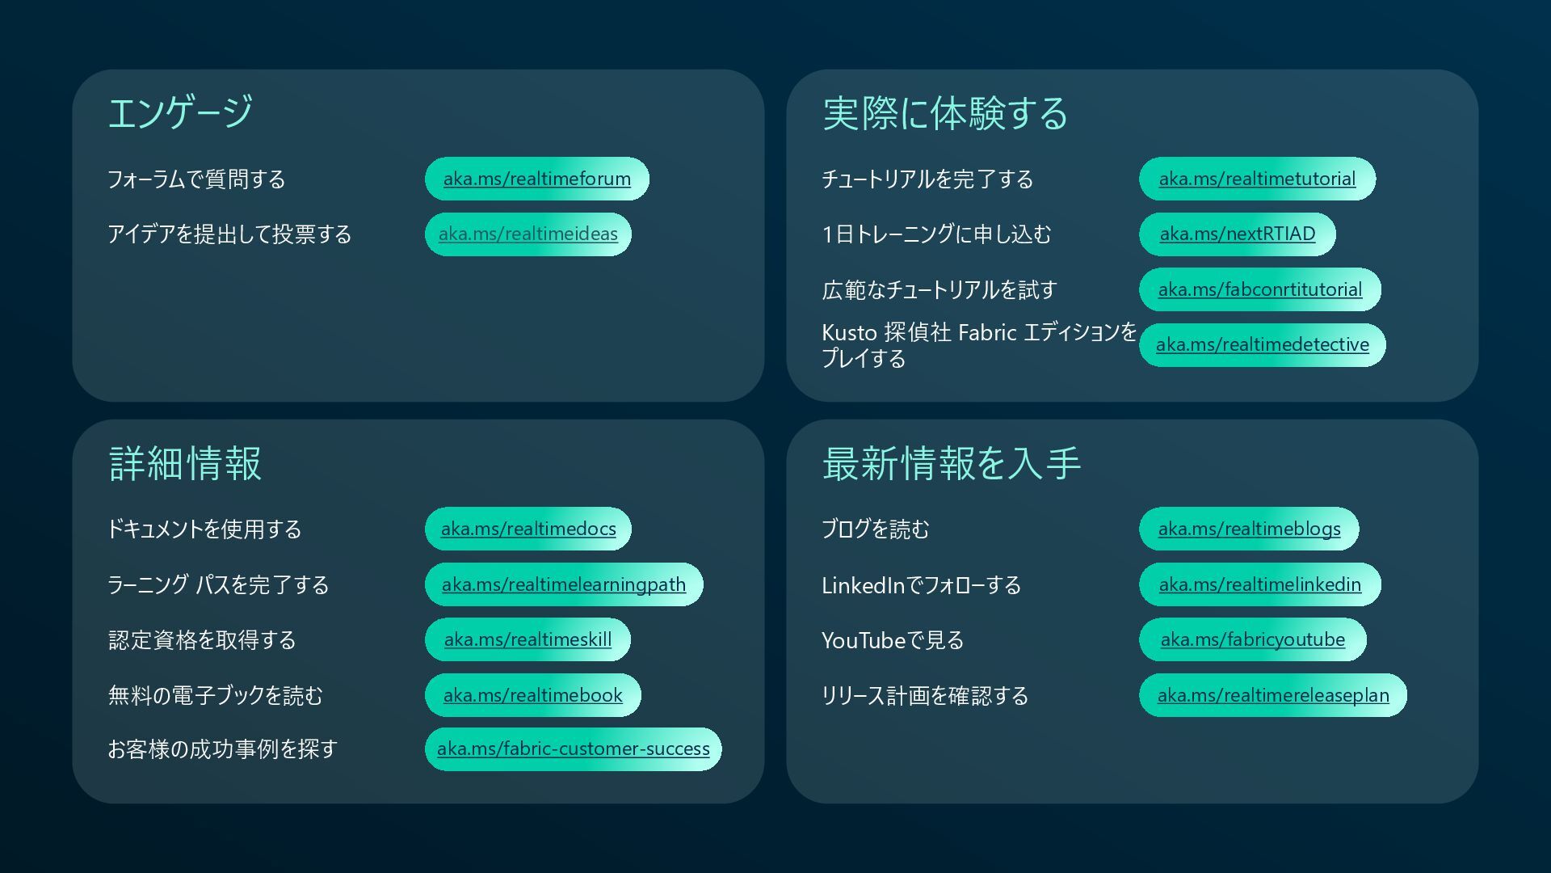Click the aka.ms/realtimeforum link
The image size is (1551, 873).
click(536, 179)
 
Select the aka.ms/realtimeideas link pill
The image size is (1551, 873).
click(528, 234)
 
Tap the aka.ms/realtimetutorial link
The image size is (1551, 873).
click(1257, 179)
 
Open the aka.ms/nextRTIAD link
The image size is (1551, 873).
click(1237, 234)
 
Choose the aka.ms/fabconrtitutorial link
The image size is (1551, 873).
click(1259, 289)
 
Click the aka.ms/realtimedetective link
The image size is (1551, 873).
click(1262, 344)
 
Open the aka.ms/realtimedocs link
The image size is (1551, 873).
click(528, 529)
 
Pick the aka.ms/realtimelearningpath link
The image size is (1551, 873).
click(563, 584)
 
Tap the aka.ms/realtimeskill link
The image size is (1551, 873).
click(528, 639)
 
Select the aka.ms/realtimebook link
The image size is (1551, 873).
click(532, 695)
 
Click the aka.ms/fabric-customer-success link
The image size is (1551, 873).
click(573, 749)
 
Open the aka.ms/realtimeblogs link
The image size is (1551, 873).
click(1249, 529)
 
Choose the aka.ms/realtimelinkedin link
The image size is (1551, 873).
click(1259, 584)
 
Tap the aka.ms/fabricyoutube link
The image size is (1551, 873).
click(1252, 639)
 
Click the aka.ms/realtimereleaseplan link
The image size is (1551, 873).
click(1272, 695)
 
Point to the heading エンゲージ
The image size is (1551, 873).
click(180, 112)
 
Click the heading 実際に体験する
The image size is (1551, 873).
click(944, 113)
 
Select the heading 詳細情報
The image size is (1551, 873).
click(185, 464)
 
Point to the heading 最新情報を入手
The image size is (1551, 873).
click(951, 464)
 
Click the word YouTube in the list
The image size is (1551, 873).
click(863, 640)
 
